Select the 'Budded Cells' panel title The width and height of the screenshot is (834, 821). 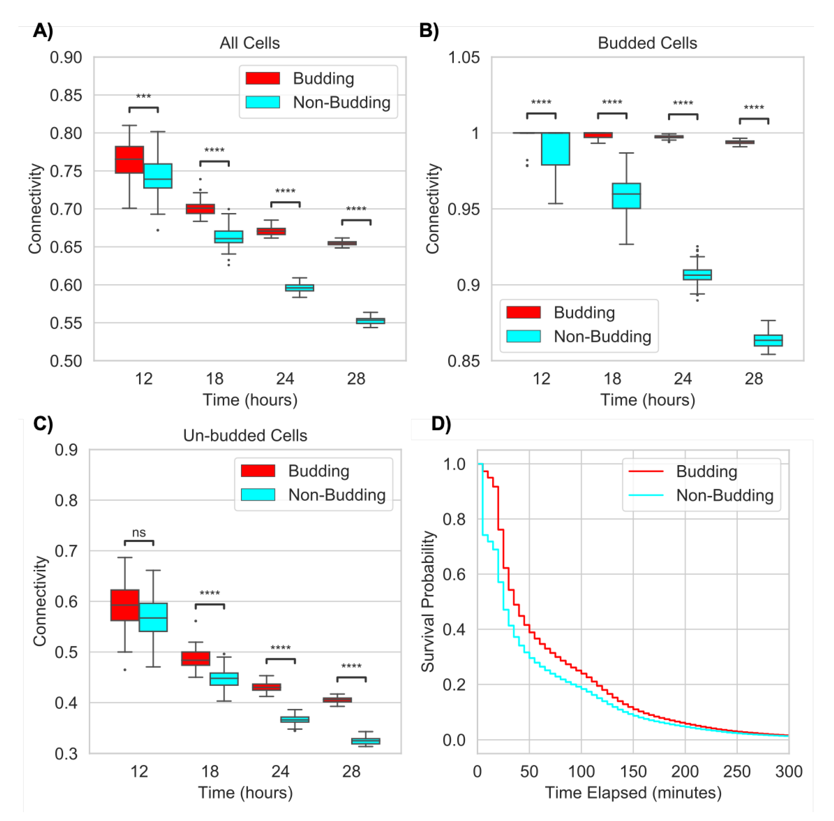(647, 43)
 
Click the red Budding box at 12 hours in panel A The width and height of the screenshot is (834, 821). (129, 160)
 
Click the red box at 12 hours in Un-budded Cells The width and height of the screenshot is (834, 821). (125, 605)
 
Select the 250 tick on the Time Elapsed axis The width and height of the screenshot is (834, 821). (737, 771)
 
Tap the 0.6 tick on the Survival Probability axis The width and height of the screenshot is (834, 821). (454, 574)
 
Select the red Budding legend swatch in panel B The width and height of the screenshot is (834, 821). (523, 312)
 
